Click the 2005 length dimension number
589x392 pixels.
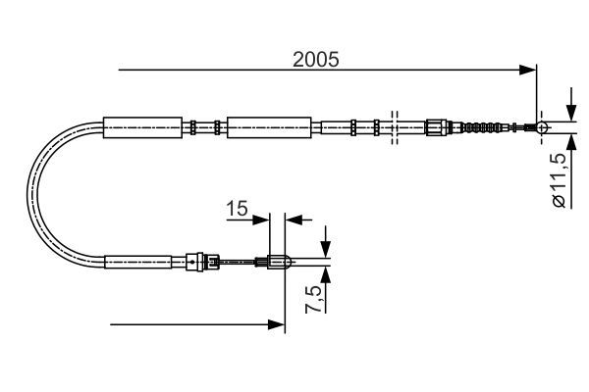(x=315, y=59)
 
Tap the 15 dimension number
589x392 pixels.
(x=238, y=209)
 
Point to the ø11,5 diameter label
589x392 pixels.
(x=558, y=180)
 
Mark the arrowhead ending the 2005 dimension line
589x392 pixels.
(x=530, y=69)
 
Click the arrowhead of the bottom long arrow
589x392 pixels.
(x=277, y=323)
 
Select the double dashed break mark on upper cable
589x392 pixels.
(x=394, y=126)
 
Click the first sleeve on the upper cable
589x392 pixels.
(x=143, y=126)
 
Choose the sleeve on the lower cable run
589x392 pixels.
(x=144, y=262)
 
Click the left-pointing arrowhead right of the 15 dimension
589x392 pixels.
(x=291, y=219)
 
